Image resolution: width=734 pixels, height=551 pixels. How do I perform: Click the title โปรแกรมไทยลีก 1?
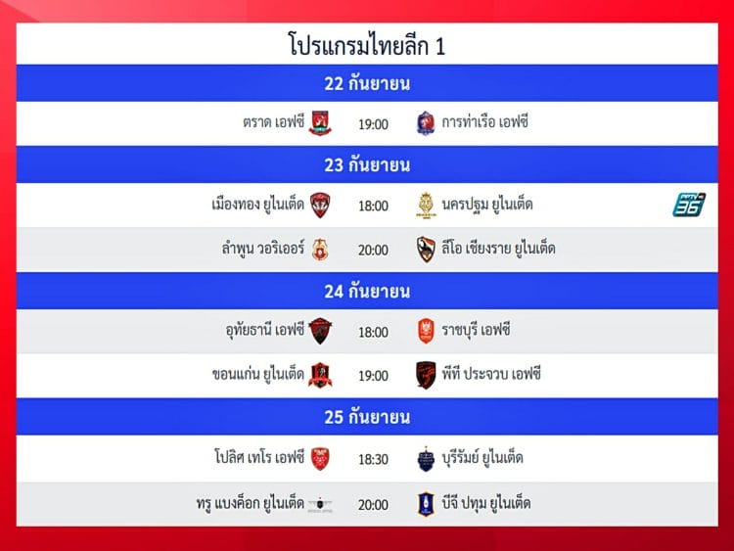(x=367, y=44)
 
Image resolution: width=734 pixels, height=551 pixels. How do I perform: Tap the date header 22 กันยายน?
(x=367, y=83)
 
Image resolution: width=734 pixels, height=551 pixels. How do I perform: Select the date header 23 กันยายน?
(x=367, y=164)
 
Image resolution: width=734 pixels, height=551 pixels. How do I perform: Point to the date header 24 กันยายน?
(x=367, y=292)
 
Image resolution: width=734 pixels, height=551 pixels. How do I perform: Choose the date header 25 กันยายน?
(x=367, y=417)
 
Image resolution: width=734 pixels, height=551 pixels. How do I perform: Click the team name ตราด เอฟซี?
(x=273, y=122)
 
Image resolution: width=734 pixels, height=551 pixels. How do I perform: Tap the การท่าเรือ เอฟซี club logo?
(x=426, y=123)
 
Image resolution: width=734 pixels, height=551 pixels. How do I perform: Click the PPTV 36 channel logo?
(x=689, y=205)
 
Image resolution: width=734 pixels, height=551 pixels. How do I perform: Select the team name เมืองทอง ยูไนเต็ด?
(x=258, y=205)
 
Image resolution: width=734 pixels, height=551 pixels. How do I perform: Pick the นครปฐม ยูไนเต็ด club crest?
(x=426, y=206)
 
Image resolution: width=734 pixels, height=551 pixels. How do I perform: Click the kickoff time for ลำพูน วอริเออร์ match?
(x=373, y=250)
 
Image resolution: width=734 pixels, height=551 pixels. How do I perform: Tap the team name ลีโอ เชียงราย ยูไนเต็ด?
(x=498, y=248)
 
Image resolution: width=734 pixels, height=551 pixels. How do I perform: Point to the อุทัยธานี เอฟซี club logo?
(x=321, y=331)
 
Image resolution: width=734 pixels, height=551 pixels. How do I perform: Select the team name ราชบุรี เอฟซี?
(x=476, y=330)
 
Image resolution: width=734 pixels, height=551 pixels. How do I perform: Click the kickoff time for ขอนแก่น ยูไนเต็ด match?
(x=373, y=376)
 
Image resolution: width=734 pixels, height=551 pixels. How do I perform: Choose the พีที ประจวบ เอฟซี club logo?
(x=426, y=375)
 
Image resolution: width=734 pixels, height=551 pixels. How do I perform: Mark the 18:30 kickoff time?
(x=373, y=459)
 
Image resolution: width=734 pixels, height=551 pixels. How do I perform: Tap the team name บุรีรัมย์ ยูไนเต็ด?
(x=482, y=457)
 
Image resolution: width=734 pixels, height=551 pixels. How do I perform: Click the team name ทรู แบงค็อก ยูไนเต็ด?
(x=251, y=503)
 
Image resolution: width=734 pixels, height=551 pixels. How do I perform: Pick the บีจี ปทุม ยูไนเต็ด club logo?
(x=426, y=504)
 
